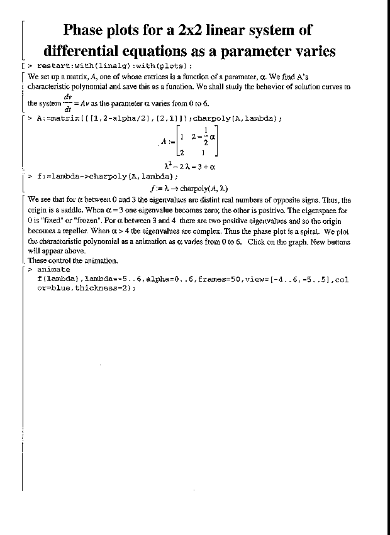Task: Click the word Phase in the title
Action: [x=88, y=30]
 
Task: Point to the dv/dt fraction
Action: [x=67, y=102]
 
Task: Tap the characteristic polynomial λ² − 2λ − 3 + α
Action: [x=189, y=167]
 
